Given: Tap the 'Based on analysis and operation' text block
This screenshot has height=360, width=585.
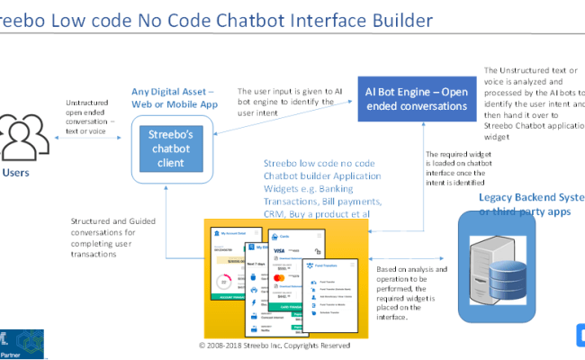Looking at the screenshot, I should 411,288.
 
